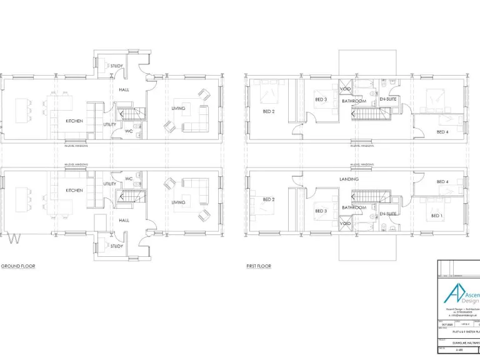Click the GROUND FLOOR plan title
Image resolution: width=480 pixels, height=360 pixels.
(18, 266)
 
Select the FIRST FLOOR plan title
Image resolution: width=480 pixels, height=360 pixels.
(259, 266)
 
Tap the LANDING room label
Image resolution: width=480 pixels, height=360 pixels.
(349, 179)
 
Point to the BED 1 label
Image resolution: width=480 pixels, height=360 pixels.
(436, 216)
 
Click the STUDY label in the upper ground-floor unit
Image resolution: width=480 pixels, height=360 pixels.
(116, 66)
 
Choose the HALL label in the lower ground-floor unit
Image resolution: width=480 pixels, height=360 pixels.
(124, 220)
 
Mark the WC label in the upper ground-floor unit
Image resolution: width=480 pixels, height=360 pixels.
(128, 131)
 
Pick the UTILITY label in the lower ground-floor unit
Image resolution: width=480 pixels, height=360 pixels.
(110, 184)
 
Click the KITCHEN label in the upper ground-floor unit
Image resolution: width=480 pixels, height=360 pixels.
(74, 121)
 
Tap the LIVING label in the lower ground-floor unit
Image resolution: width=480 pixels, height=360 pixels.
(179, 202)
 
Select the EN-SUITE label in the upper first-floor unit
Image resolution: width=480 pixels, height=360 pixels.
(388, 99)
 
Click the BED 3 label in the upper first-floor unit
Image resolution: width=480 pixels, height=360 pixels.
(321, 99)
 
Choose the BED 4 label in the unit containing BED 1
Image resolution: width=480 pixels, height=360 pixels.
(442, 182)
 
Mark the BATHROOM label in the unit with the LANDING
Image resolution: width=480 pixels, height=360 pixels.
(353, 207)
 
